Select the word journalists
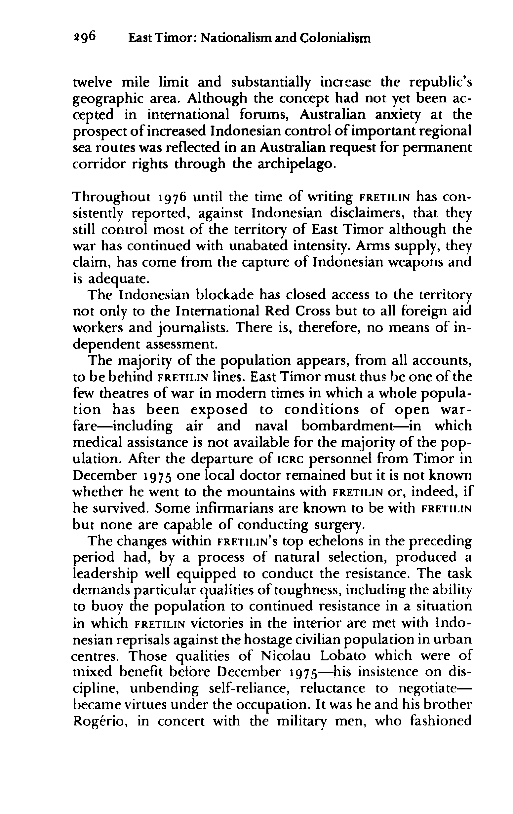(x=193, y=328)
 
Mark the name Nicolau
(x=286, y=656)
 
